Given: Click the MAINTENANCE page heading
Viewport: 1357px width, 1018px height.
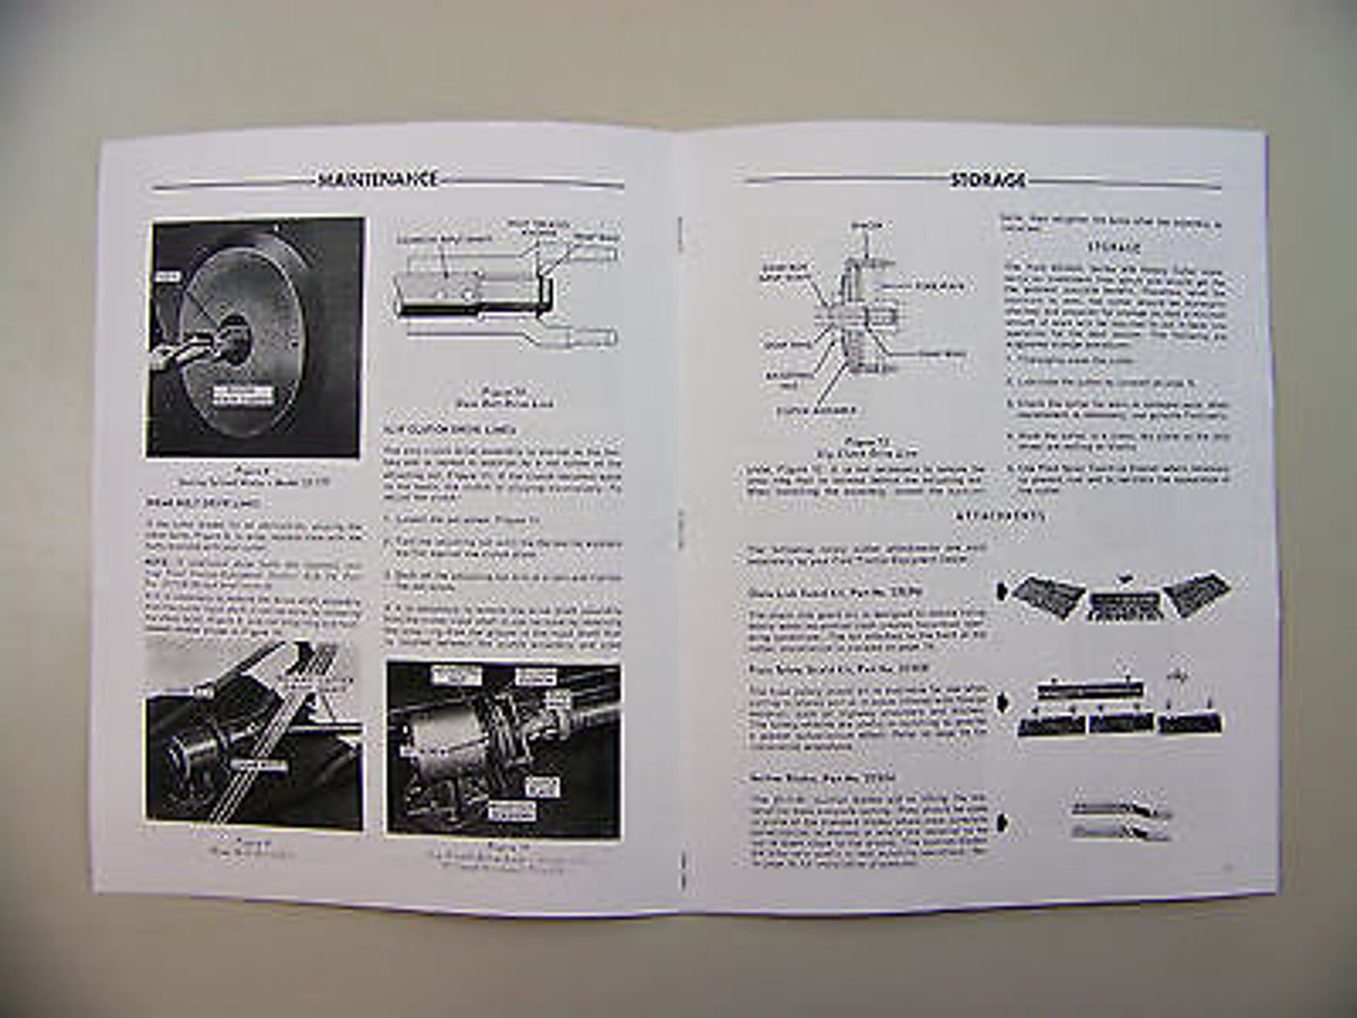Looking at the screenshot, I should click(x=377, y=179).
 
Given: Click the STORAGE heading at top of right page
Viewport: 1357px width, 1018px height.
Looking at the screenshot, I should click(x=989, y=180).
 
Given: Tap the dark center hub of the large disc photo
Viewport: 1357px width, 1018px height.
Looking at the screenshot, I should click(x=234, y=332).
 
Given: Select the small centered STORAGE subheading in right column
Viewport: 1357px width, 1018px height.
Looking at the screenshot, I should click(x=1113, y=247).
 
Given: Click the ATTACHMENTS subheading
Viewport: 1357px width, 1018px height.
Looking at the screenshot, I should click(x=1000, y=516).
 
